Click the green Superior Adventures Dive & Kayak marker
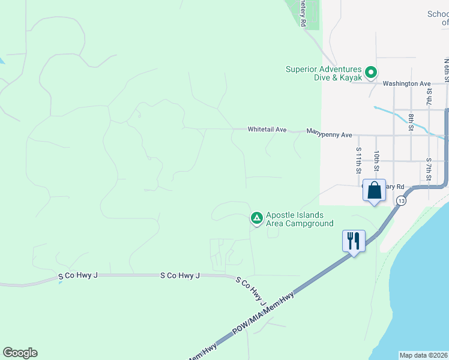pyautogui.click(x=371, y=73)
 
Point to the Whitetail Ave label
pyautogui.click(x=267, y=129)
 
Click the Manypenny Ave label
pyautogui.click(x=329, y=134)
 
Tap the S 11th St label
pyautogui.click(x=358, y=160)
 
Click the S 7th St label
pyautogui.click(x=429, y=169)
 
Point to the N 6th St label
pyautogui.click(x=446, y=71)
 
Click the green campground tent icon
pyautogui.click(x=256, y=218)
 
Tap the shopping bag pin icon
pyautogui.click(x=374, y=191)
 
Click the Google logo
pyautogui.click(x=20, y=353)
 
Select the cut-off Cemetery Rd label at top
pyautogui.click(x=303, y=13)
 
